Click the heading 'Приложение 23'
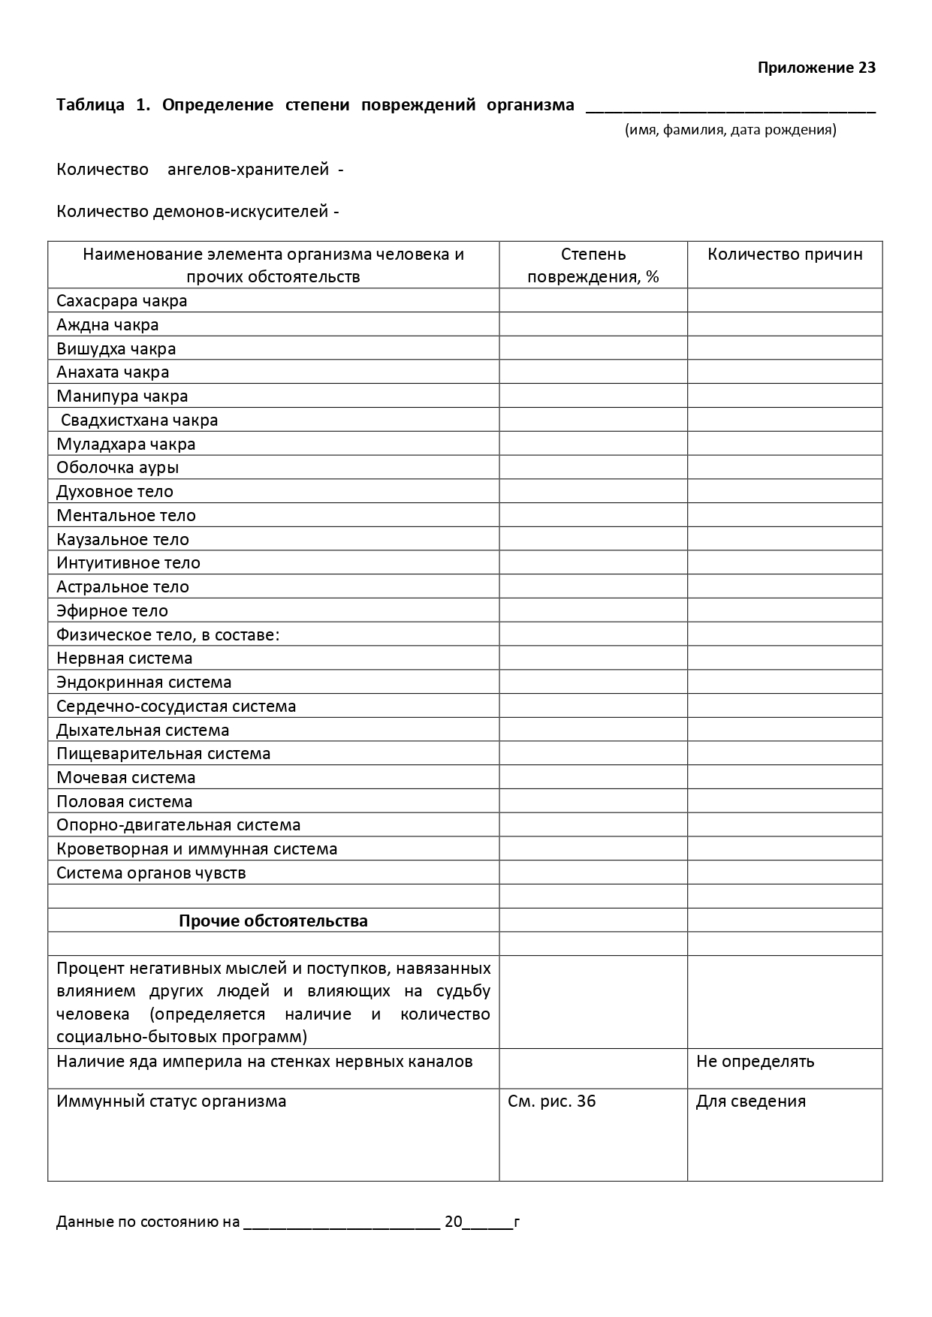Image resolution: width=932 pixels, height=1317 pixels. (816, 68)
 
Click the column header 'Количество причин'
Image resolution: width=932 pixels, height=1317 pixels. (785, 254)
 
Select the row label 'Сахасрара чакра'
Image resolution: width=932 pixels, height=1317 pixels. (122, 301)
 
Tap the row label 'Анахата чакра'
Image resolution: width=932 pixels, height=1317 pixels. (113, 372)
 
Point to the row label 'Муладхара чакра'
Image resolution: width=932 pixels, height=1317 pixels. (126, 444)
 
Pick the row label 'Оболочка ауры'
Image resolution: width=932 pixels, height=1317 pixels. (118, 468)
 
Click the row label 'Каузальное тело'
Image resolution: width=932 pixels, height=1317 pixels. (123, 539)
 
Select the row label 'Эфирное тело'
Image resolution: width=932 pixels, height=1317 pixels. (113, 610)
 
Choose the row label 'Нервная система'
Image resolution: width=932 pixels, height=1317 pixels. (125, 658)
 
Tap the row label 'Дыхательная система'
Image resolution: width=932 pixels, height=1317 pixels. (143, 730)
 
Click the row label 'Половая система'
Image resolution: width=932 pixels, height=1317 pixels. (125, 801)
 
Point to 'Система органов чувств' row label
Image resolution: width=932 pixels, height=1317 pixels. (151, 872)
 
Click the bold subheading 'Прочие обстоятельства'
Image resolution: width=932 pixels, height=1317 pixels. (273, 921)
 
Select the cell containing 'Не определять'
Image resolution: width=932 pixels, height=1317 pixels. (755, 1062)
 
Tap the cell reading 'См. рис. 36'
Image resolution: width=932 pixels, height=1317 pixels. (552, 1102)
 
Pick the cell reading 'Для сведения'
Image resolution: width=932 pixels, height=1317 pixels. (751, 1102)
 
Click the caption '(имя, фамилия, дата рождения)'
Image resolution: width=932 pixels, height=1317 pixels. (730, 130)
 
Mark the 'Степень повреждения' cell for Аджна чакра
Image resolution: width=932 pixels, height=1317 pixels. (593, 325)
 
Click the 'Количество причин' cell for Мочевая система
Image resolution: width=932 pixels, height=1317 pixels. (785, 777)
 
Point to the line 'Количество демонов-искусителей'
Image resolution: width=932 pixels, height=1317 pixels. (198, 212)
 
